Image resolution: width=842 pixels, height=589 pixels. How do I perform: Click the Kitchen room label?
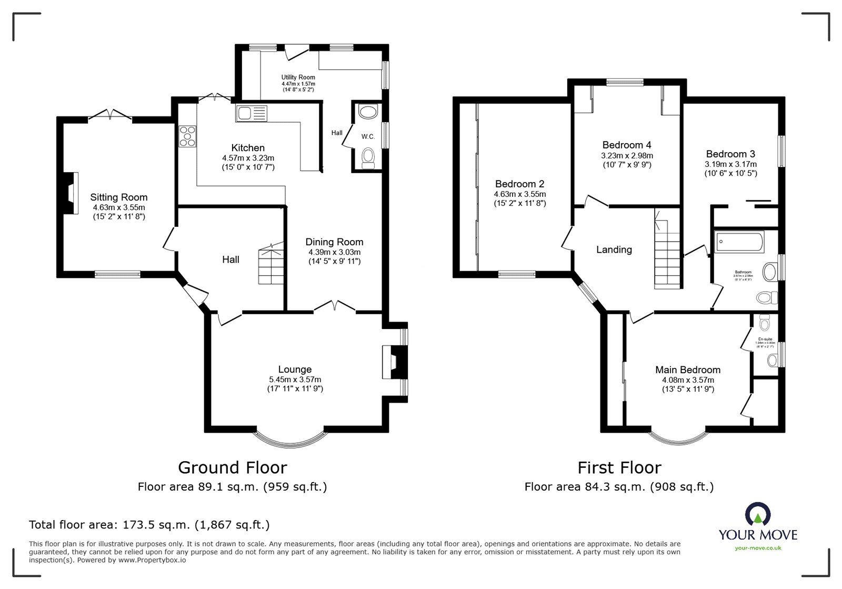click(x=248, y=148)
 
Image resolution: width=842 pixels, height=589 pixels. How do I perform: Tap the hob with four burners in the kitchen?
click(x=187, y=136)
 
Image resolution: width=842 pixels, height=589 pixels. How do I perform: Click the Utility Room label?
click(x=298, y=77)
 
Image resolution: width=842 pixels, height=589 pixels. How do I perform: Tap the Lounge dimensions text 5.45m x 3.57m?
click(x=295, y=380)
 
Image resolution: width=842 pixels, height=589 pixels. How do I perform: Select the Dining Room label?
click(x=334, y=242)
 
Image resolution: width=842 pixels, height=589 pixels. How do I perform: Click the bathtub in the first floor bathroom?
click(x=739, y=243)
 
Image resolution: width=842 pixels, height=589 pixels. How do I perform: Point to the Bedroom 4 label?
click(x=627, y=145)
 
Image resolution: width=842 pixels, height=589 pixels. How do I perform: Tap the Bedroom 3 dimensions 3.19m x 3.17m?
click(x=730, y=164)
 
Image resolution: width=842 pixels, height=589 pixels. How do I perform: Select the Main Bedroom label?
click(x=687, y=370)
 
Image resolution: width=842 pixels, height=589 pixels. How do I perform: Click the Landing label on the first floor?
click(x=614, y=249)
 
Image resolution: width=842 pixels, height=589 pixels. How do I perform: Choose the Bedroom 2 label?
click(x=519, y=184)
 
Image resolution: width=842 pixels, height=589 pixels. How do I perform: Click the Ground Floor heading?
click(x=232, y=467)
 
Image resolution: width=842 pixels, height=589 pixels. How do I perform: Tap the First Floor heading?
click(x=619, y=467)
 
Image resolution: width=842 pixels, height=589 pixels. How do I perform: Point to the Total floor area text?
click(x=149, y=525)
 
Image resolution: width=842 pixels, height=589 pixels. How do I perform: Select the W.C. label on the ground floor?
click(x=368, y=137)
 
